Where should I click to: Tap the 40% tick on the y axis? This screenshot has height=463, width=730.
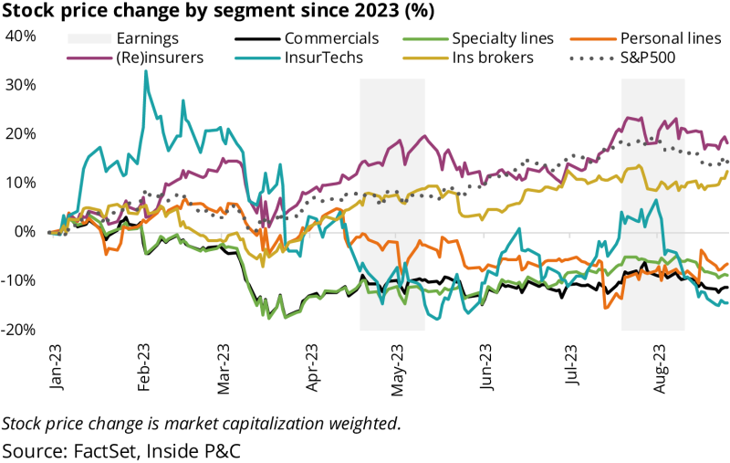[x=20, y=36]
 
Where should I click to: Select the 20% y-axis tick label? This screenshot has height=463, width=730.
[x=20, y=133]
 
